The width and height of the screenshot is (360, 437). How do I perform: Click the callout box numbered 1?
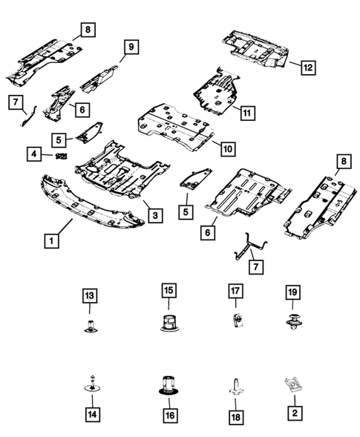(x=50, y=240)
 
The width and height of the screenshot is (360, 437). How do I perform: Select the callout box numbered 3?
(x=154, y=215)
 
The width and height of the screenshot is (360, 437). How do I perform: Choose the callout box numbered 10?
(x=227, y=148)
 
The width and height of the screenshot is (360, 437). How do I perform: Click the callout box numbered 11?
(x=246, y=113)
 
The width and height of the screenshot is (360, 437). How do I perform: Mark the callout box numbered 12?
(x=307, y=68)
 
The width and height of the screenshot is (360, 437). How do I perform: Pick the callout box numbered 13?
(x=90, y=297)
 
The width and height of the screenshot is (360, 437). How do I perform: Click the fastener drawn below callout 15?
(x=168, y=323)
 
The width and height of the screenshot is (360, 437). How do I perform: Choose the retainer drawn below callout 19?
(x=290, y=324)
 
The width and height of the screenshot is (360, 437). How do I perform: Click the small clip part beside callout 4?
(x=62, y=155)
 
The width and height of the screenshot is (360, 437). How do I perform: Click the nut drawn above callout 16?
(x=169, y=387)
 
